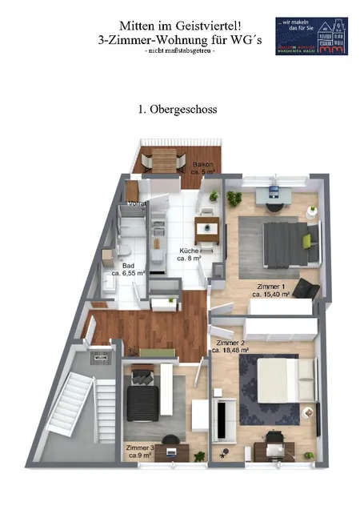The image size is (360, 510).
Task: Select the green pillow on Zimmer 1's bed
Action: tap(305, 238)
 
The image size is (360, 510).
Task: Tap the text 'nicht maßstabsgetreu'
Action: tap(180, 50)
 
